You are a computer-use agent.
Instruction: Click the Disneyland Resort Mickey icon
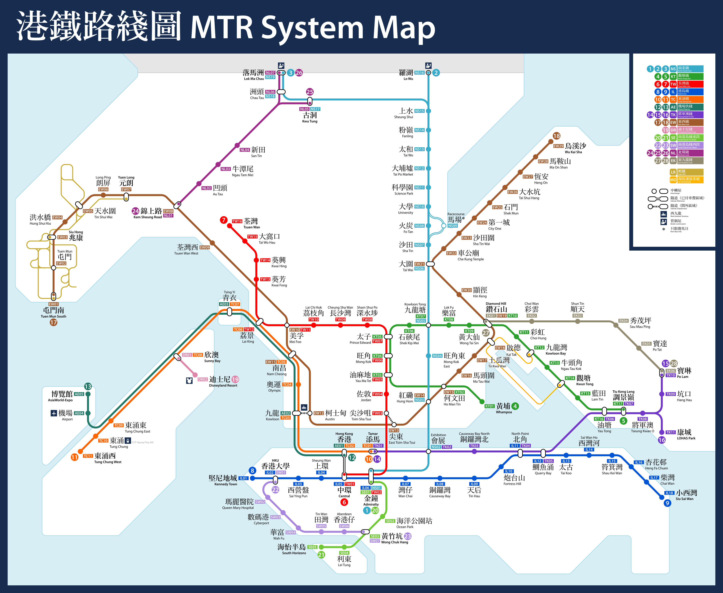(x=189, y=380)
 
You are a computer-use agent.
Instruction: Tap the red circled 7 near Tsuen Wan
(x=224, y=220)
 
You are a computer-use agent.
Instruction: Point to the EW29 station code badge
(x=558, y=146)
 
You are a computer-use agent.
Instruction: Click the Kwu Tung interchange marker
(x=310, y=101)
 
